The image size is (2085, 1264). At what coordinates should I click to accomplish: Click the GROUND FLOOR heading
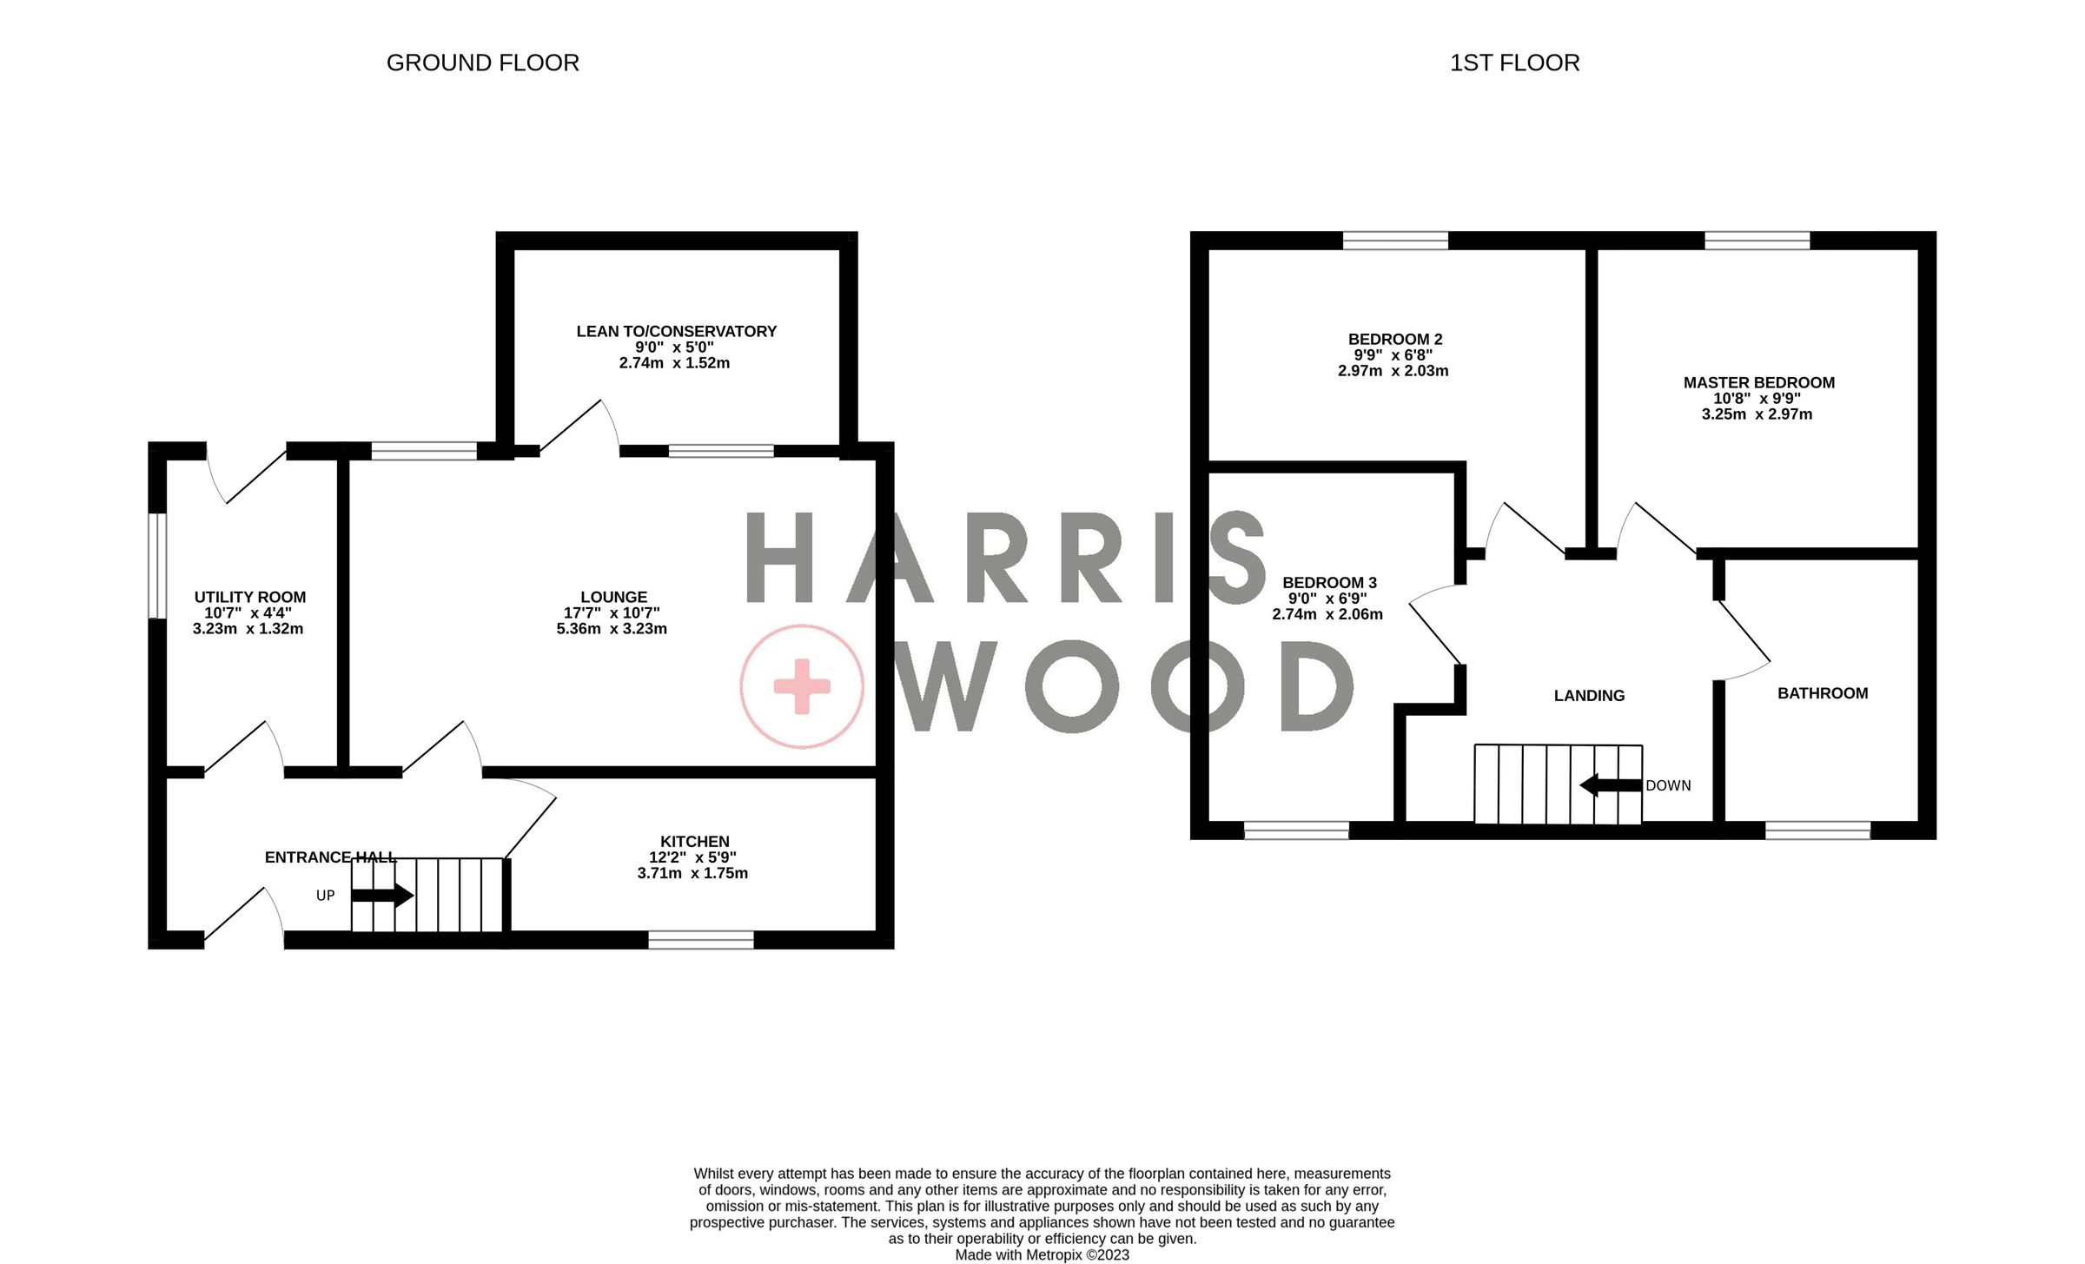[x=482, y=63]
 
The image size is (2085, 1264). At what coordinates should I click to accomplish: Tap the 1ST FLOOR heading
[x=1514, y=63]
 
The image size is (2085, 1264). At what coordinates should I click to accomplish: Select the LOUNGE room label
[x=613, y=597]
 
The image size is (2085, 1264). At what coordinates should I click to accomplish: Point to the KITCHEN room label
[x=694, y=841]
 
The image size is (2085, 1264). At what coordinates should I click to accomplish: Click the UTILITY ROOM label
[x=249, y=597]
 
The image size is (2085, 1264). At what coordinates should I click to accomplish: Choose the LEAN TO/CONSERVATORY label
[x=676, y=331]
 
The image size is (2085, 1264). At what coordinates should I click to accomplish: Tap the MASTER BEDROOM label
[x=1758, y=382]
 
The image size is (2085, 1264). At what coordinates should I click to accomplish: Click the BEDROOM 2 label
[x=1394, y=339]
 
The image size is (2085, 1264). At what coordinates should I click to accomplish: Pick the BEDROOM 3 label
[x=1329, y=582]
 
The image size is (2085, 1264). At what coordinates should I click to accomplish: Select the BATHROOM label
[x=1822, y=693]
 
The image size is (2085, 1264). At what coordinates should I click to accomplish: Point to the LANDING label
[x=1589, y=695]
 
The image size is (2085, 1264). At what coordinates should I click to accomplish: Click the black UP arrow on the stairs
[x=382, y=894]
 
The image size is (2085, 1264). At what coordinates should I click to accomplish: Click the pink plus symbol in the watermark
[x=801, y=686]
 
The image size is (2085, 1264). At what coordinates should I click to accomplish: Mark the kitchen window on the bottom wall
[x=701, y=939]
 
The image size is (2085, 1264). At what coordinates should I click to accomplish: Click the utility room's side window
[x=157, y=566]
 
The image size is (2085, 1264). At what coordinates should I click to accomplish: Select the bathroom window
[x=1817, y=831]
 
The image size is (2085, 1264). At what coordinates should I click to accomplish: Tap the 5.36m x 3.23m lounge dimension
[x=612, y=629]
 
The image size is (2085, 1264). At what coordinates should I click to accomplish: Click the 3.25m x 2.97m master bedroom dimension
[x=1757, y=414]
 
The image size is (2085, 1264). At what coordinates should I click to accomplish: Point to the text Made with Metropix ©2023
[x=1042, y=1254]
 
